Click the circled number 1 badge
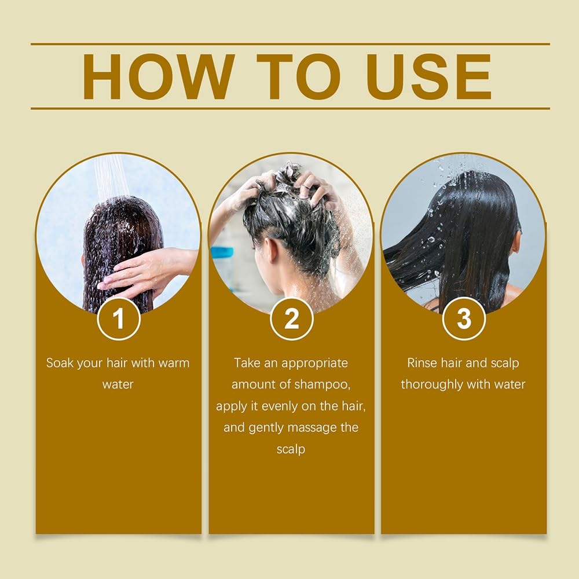119,318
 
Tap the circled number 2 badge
291,318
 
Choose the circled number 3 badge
464,318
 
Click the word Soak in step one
60,363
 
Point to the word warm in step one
174,363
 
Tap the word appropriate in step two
314,364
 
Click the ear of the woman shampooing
270,251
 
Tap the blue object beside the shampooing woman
222,252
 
